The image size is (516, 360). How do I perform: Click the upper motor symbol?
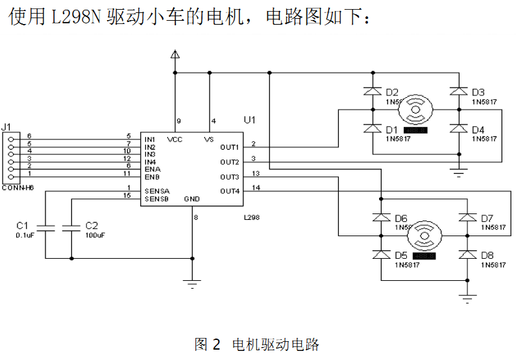416,110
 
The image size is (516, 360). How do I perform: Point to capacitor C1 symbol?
45,228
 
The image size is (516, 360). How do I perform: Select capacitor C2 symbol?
71,228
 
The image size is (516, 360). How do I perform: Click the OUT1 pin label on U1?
230,147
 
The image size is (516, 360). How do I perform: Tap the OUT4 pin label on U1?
230,191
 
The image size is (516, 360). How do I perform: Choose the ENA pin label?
152,169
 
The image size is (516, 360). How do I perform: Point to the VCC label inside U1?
175,139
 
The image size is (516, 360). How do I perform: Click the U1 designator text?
250,120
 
